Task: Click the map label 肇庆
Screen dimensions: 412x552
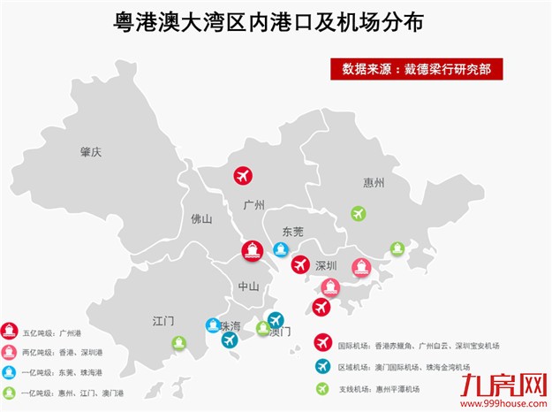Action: pyautogui.click(x=91, y=152)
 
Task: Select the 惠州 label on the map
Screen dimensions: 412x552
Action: pyautogui.click(x=374, y=183)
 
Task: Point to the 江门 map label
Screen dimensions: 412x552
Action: pyautogui.click(x=163, y=319)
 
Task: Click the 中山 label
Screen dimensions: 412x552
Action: pyautogui.click(x=248, y=286)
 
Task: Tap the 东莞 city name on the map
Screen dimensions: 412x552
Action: pyautogui.click(x=292, y=232)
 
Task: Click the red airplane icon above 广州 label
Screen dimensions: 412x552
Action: pyautogui.click(x=243, y=176)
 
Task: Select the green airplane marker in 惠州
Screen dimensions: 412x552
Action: pyautogui.click(x=358, y=213)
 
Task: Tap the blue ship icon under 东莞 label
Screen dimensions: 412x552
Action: pyautogui.click(x=280, y=249)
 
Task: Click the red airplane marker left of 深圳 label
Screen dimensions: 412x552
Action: pyautogui.click(x=299, y=264)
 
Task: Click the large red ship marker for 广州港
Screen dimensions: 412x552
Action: pyautogui.click(x=252, y=250)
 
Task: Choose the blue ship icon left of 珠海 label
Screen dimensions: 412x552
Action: pyautogui.click(x=212, y=325)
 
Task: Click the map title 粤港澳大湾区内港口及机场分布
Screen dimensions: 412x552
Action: pyautogui.click(x=268, y=21)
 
